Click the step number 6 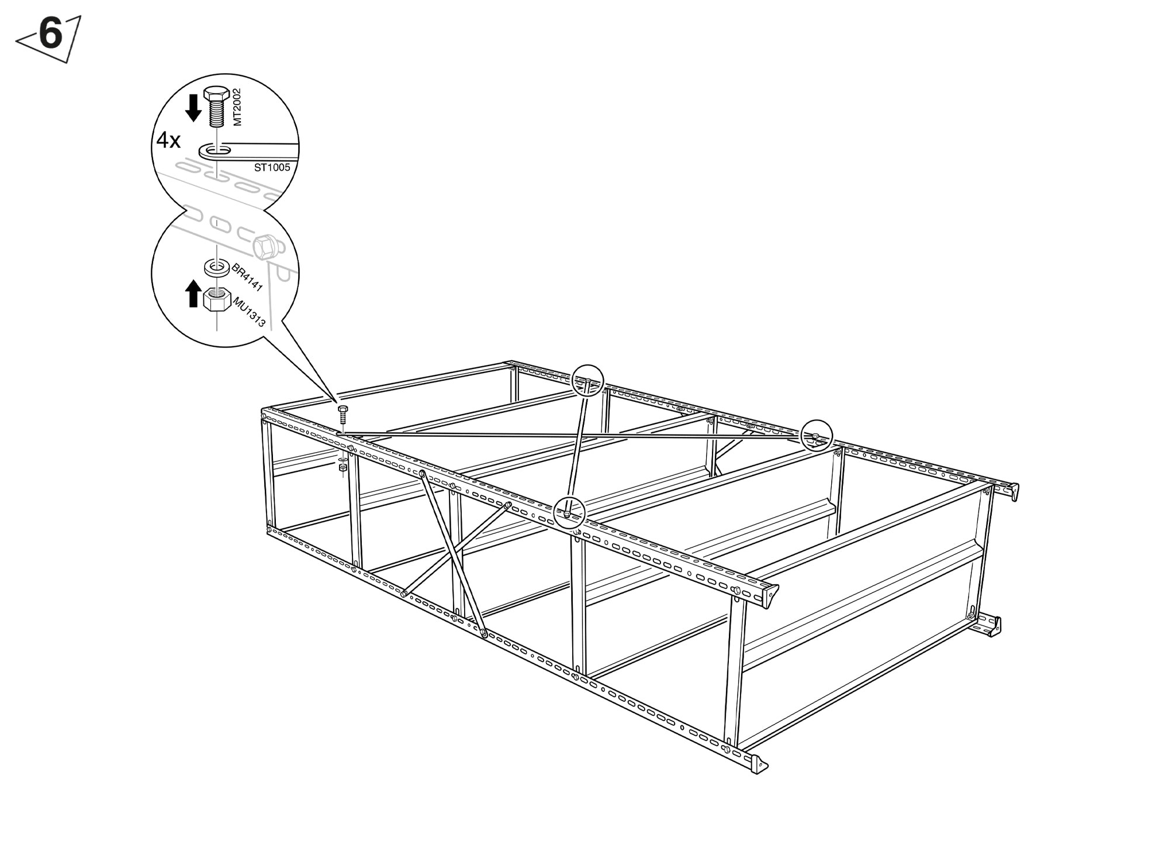tap(50, 35)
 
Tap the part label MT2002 tap(237, 107)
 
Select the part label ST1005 tap(272, 167)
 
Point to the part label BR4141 tap(247, 277)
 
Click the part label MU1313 tap(250, 312)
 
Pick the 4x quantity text tap(168, 140)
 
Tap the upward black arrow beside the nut tap(193, 293)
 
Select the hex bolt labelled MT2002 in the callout tap(216, 106)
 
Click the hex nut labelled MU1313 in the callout tap(217, 300)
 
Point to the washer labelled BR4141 tap(216, 268)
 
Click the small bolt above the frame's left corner tap(343, 414)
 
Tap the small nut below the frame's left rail tap(343, 466)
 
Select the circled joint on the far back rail tap(587, 381)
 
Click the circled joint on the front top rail tap(569, 512)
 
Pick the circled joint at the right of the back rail tap(816, 436)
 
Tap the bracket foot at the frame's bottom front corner tap(758, 764)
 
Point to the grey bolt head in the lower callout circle tap(267, 247)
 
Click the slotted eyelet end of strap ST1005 tap(215, 151)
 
